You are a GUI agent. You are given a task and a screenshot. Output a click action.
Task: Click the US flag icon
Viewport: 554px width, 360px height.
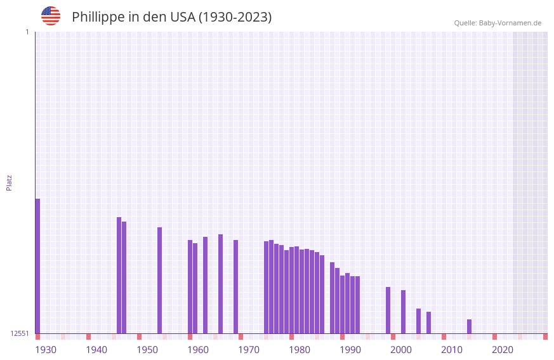[51, 16]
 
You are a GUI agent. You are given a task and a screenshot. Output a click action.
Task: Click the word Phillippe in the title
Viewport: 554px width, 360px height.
[98, 17]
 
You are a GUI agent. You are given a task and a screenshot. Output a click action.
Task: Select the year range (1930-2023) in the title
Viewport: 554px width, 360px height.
[235, 17]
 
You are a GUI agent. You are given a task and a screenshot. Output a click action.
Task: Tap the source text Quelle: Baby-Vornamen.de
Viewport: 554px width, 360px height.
[498, 23]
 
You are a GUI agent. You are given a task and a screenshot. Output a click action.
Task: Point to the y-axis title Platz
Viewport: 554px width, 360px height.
[9, 183]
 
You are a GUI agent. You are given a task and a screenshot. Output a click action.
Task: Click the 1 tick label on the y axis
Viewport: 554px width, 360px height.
[27, 32]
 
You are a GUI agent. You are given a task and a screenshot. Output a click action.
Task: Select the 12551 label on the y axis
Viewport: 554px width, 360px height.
[20, 333]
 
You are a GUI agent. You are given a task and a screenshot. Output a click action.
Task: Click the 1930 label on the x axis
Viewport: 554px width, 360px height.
[46, 350]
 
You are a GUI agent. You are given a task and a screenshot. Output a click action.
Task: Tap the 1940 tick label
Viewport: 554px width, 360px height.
[96, 350]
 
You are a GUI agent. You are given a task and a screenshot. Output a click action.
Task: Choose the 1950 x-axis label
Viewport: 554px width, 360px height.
[147, 350]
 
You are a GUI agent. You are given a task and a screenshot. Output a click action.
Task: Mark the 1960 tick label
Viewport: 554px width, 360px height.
[198, 350]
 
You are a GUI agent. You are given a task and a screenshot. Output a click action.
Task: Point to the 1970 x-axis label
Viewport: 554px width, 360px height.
[249, 350]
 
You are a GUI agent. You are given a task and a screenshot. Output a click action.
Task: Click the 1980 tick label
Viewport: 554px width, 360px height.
[300, 350]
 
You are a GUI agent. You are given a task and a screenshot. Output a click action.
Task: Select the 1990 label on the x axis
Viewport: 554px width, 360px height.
[350, 350]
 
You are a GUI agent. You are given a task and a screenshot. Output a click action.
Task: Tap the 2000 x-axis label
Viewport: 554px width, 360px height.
[401, 350]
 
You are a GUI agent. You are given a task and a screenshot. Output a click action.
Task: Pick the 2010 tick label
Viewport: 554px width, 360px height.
[452, 350]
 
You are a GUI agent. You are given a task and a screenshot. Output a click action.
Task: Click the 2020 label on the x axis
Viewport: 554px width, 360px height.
[503, 350]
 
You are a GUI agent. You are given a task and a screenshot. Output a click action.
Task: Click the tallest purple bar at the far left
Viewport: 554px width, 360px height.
[37, 267]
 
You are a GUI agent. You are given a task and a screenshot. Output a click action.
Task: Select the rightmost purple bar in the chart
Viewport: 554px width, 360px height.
[469, 326]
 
